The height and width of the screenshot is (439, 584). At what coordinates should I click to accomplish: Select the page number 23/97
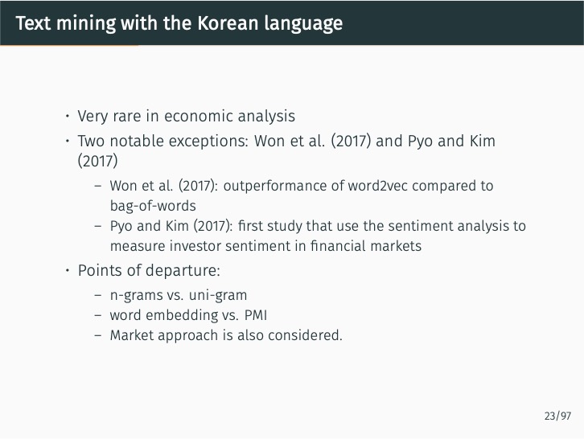tap(557, 416)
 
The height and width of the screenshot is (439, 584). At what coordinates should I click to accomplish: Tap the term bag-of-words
tap(153, 206)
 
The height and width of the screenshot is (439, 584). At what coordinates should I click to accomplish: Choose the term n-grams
tap(135, 295)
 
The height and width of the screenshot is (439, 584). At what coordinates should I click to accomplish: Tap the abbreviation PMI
tap(258, 315)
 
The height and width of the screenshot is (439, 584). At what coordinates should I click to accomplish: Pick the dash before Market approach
tap(97, 335)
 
